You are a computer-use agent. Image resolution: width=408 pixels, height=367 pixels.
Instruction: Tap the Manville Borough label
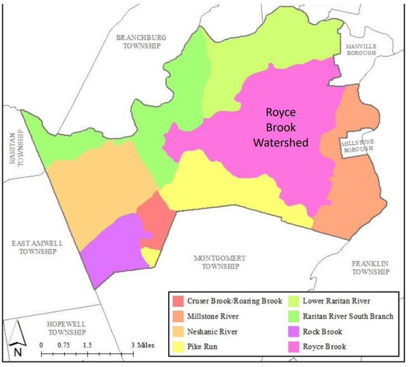[361, 49]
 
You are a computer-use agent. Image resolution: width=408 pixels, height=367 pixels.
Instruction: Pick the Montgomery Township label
[220, 262]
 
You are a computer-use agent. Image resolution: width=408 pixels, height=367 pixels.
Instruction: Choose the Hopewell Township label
[66, 328]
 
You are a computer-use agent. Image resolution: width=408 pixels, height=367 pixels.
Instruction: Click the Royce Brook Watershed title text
[281, 127]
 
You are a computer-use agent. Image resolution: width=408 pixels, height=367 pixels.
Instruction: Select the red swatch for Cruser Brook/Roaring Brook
[178, 301]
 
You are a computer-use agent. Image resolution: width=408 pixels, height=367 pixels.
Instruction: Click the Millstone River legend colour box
[178, 316]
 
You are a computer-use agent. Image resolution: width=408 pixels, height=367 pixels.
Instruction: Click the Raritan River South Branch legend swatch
[295, 316]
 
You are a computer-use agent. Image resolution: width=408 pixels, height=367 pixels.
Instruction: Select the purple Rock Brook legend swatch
[295, 331]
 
